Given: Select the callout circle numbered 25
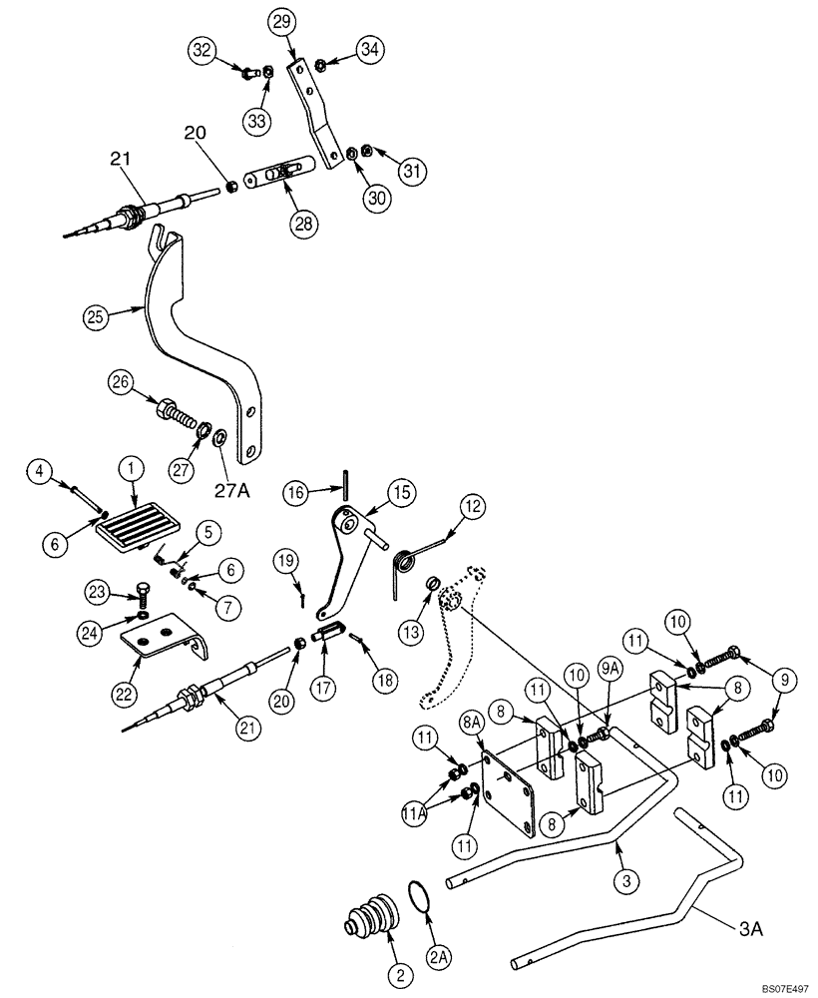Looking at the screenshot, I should pyautogui.click(x=94, y=317).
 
